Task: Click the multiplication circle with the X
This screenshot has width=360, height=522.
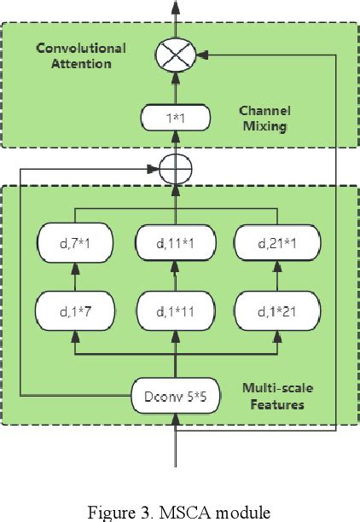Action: coord(176,56)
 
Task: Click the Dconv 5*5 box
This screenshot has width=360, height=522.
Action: coord(176,395)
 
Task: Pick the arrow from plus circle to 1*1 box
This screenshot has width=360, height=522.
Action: coord(176,144)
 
